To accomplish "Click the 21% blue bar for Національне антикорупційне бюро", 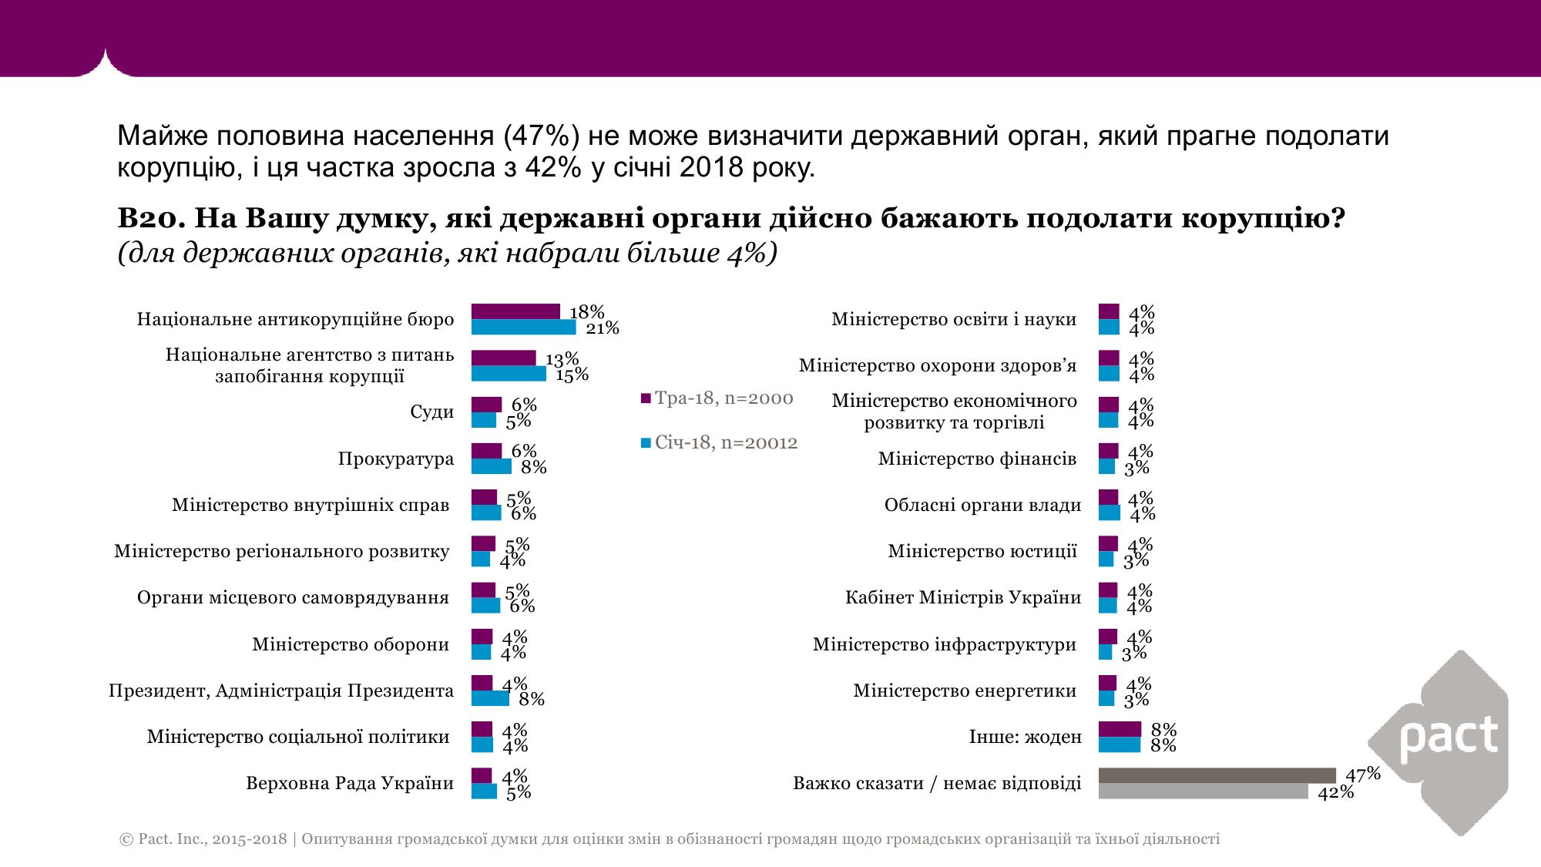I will coord(523,328).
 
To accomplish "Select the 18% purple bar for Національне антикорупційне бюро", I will coord(515,311).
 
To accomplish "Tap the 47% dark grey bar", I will coord(1217,775).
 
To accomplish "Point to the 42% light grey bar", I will coord(1203,791).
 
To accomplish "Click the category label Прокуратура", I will coord(396,459).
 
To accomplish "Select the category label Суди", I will coord(432,412).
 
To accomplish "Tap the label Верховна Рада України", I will coord(350,784).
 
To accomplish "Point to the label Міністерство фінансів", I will coord(977,459).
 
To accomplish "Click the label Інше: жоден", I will coord(1025,737).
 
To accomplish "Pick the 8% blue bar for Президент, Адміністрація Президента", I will coord(490,698).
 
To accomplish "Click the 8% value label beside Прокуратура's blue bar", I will coord(534,467).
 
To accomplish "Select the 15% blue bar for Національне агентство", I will coord(509,374).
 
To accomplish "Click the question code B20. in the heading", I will coord(150,219).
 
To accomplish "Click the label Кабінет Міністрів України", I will coord(963,598).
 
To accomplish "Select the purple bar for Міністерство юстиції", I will coord(1107,543).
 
